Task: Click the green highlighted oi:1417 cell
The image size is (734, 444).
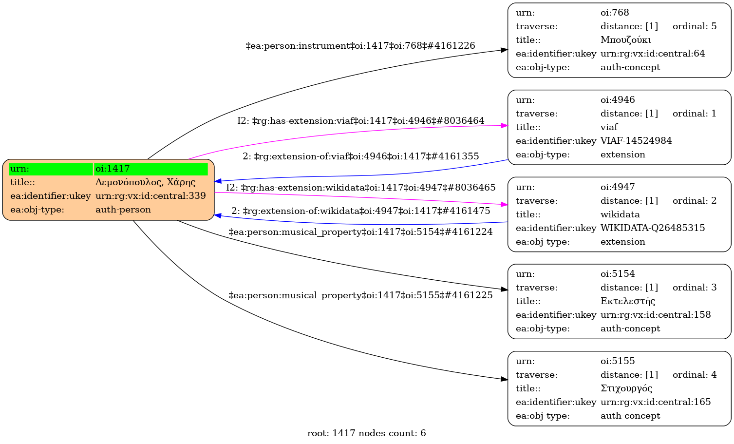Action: coord(151,169)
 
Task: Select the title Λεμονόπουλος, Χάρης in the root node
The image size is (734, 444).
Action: coord(145,182)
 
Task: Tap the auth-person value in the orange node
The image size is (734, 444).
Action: coord(123,210)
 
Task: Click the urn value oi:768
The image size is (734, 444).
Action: coord(615,13)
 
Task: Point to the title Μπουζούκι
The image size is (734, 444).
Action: coord(625,40)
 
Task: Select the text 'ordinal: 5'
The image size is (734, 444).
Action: coord(694,26)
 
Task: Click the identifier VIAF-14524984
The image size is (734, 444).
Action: coord(636,141)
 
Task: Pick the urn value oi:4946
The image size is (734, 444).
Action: coord(618,100)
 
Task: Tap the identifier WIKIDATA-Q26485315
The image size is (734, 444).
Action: coord(652,228)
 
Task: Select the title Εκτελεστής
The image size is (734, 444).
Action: coord(627,301)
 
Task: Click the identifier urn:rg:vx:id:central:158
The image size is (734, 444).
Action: coord(655,315)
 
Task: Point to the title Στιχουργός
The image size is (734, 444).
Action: coord(626,388)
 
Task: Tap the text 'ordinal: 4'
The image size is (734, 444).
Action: coord(694,375)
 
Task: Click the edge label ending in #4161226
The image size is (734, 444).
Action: coord(360,46)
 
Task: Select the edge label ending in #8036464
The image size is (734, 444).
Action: coord(360,121)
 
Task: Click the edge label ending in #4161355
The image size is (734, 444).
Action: coord(360,156)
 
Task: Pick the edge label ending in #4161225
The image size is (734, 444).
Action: coord(360,295)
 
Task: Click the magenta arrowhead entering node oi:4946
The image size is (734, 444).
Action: coord(505,126)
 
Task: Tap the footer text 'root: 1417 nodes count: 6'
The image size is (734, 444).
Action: coord(366,433)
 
